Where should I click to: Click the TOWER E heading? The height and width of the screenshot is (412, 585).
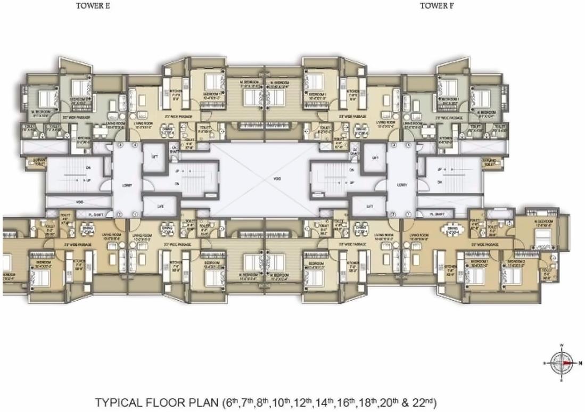(x=93, y=6)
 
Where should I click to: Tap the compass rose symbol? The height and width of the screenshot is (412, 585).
(x=562, y=362)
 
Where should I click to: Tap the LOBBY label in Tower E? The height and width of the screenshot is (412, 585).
(x=127, y=186)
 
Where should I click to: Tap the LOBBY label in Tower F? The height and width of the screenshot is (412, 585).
(x=401, y=186)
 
